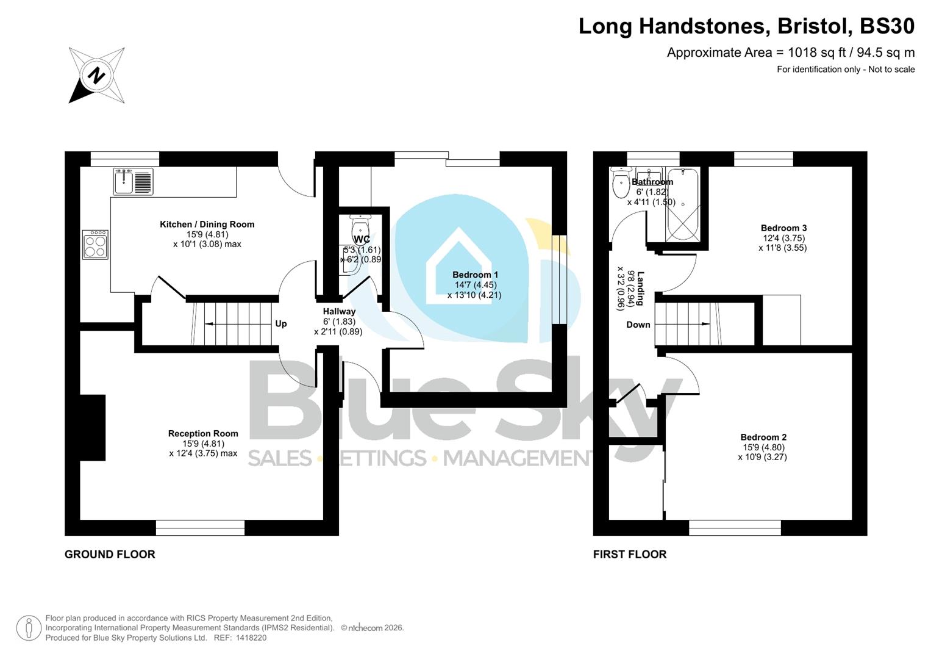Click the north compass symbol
click(96, 76)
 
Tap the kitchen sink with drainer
click(133, 181)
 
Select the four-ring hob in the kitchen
click(96, 245)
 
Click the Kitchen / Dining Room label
click(207, 225)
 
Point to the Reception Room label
click(203, 434)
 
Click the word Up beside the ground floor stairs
click(280, 323)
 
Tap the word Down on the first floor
click(638, 325)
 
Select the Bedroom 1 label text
click(475, 275)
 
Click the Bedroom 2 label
click(763, 438)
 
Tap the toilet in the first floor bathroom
click(621, 185)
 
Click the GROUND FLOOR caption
click(110, 554)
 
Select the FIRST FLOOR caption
click(630, 554)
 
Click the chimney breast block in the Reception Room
click(93, 419)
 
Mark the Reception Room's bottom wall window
click(200, 527)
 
